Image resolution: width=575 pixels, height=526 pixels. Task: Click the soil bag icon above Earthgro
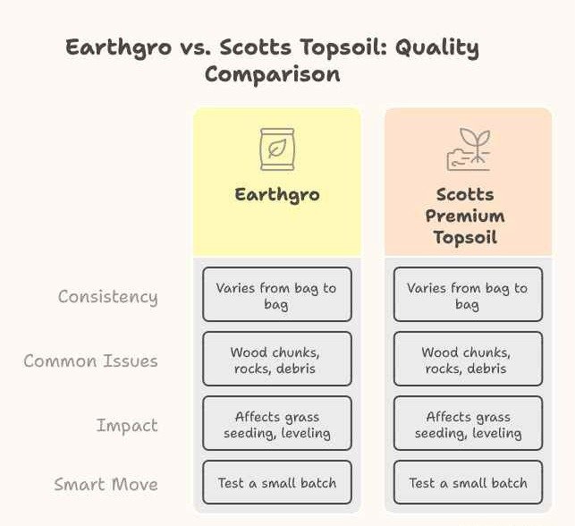coord(276,148)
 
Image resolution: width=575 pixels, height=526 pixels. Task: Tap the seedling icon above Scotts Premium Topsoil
coord(468,149)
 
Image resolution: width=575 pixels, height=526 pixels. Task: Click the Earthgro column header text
coord(276,194)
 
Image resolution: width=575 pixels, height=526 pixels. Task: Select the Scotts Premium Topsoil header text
coord(465,216)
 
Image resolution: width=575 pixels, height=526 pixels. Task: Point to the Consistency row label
coord(107,297)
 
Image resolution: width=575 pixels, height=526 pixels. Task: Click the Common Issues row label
coord(90,361)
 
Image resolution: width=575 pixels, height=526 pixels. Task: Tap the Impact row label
coord(127,426)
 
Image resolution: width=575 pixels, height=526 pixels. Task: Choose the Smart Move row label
coord(106,485)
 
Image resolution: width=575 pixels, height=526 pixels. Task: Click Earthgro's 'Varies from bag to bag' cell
coord(276,295)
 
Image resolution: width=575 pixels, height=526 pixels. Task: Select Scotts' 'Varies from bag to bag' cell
coord(468,295)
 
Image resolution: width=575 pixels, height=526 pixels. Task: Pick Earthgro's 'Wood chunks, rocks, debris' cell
coord(276,360)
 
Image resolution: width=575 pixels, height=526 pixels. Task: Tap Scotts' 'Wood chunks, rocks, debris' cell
coord(468,360)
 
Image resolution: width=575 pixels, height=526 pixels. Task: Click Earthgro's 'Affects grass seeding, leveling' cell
coord(276,424)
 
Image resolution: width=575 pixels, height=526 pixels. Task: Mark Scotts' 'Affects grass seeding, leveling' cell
coord(468,424)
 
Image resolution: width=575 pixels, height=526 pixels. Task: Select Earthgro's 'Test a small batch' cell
coord(276,483)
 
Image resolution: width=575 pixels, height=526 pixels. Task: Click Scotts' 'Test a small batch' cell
coord(468,483)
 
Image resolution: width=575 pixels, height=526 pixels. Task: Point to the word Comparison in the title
coord(272,74)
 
